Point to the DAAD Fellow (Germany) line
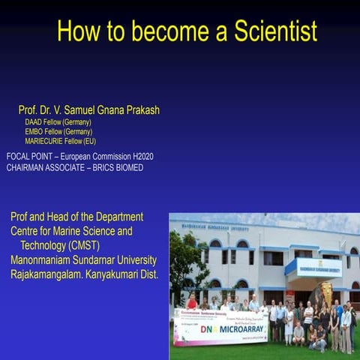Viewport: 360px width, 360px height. tap(58, 121)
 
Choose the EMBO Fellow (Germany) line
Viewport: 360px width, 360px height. tap(58, 131)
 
